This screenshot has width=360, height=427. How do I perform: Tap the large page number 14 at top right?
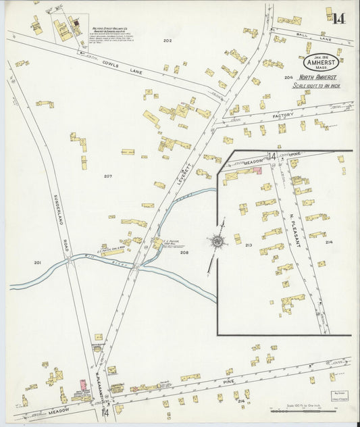tap(338, 18)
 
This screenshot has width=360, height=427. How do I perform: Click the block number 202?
tap(167, 41)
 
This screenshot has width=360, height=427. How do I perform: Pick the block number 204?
tap(288, 78)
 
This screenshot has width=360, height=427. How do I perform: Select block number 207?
tap(107, 176)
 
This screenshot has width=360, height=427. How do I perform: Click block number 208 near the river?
tap(184, 253)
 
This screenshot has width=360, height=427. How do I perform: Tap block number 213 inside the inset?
tap(249, 245)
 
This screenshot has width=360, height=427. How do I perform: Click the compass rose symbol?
tap(217, 241)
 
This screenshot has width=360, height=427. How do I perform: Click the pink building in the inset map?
tap(257, 172)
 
